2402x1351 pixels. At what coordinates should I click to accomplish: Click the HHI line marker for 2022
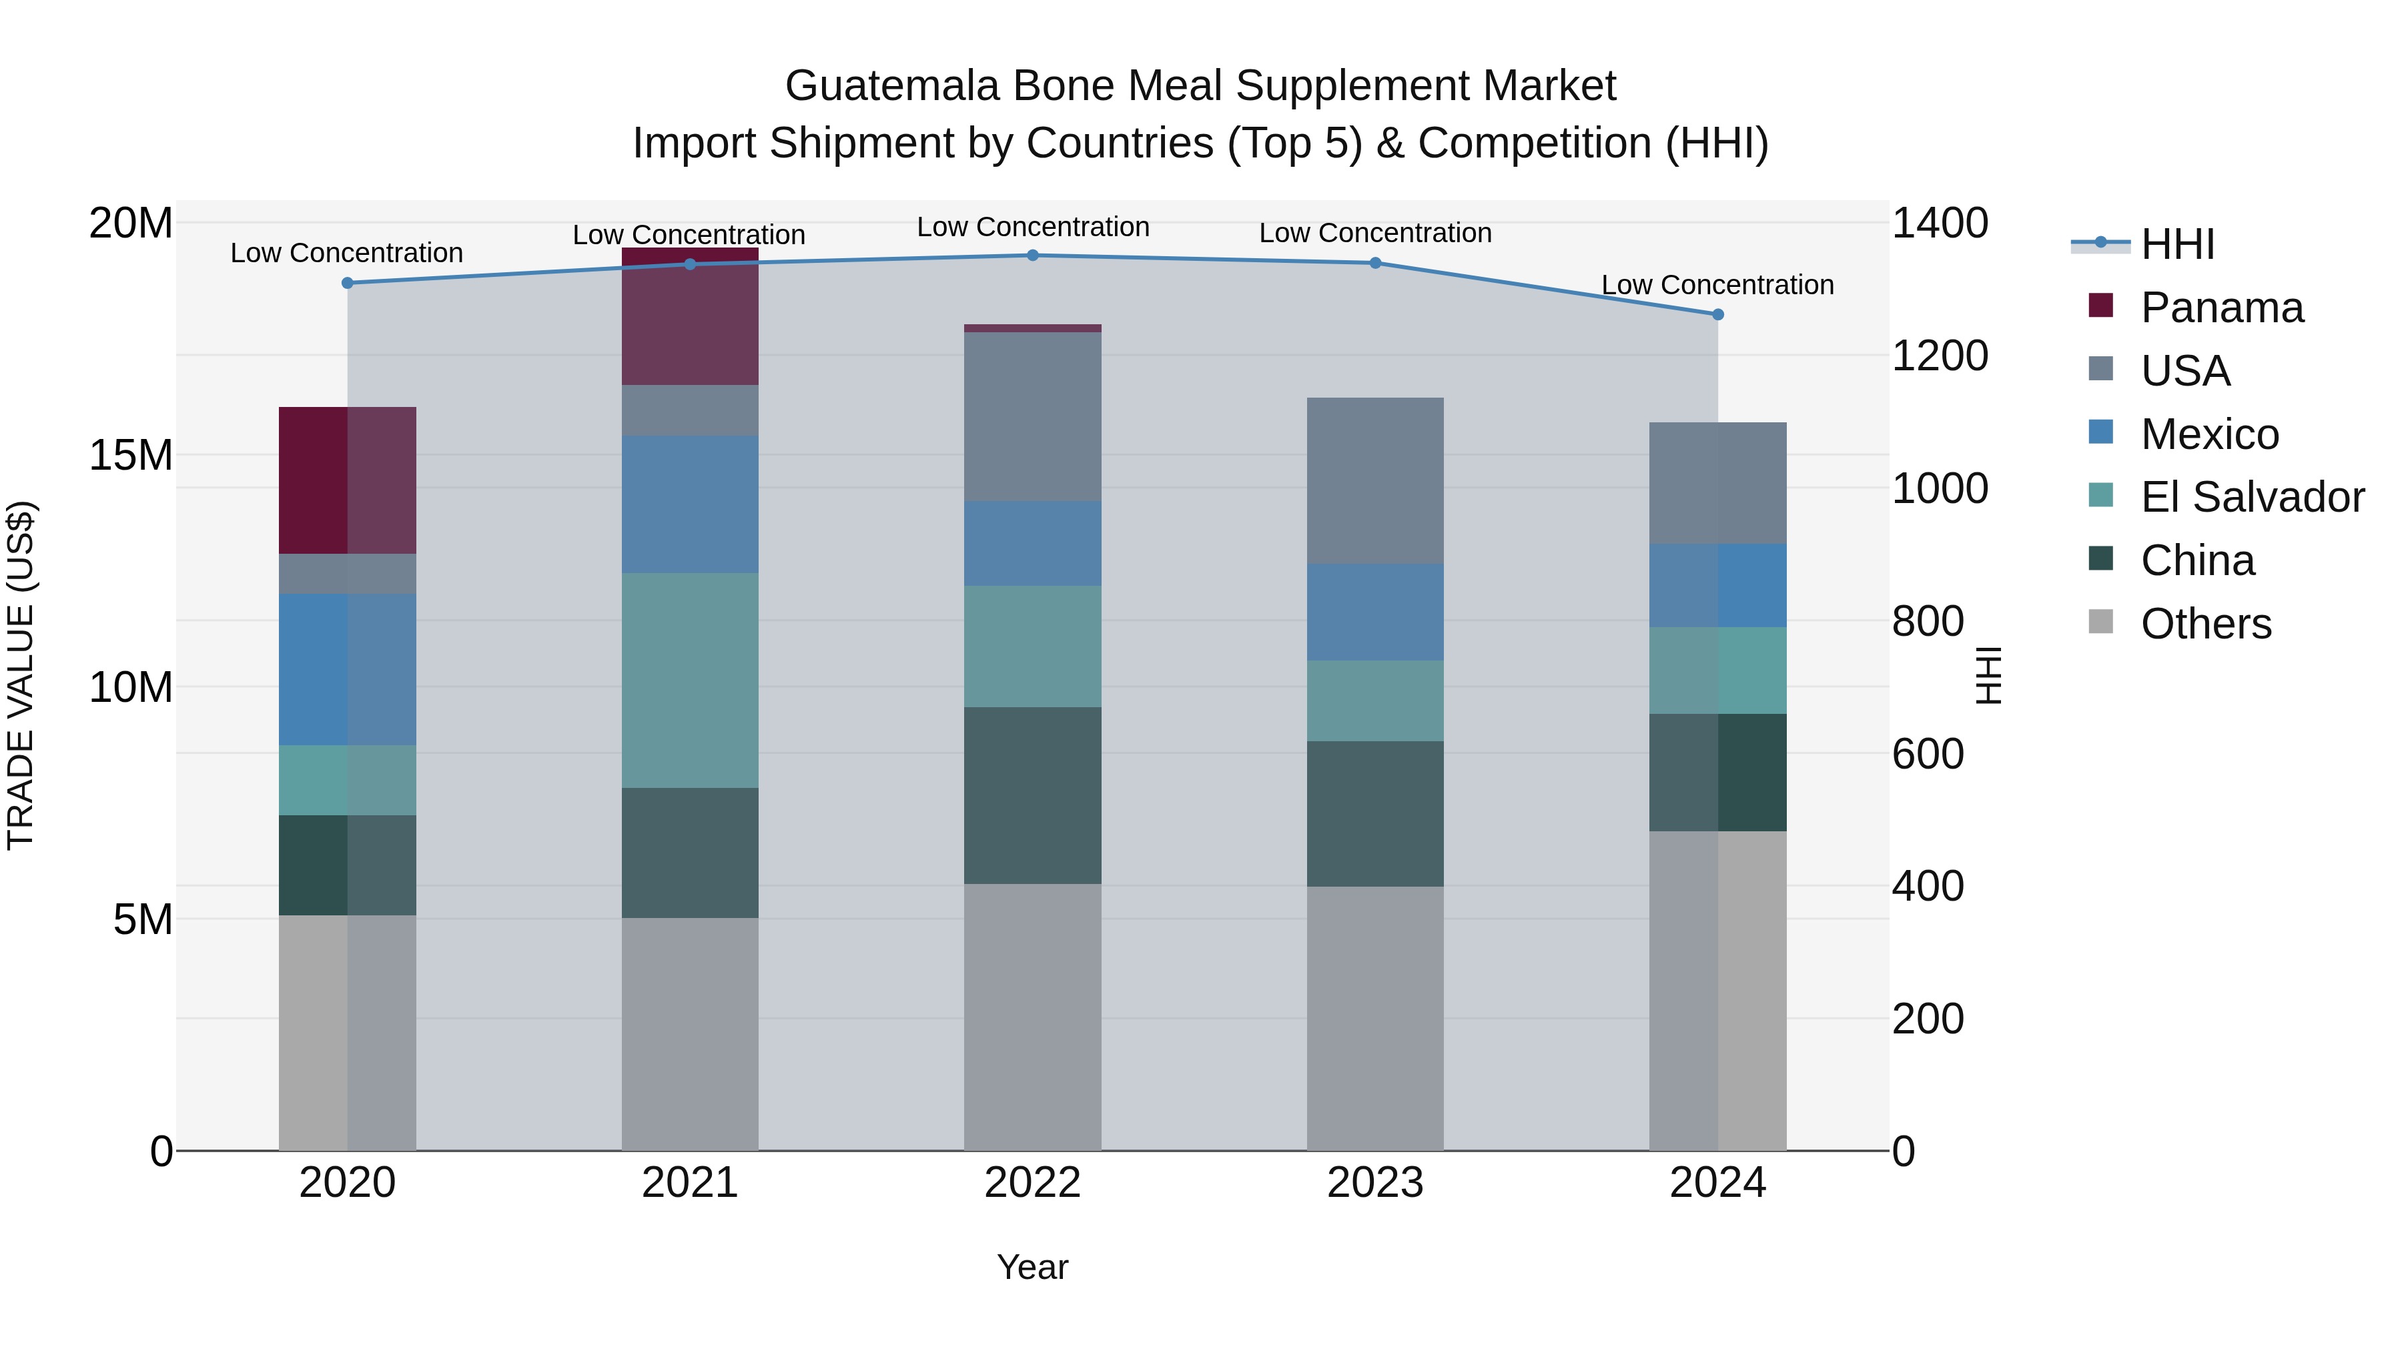pyautogui.click(x=1032, y=256)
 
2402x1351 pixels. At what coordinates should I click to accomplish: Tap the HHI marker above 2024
pyautogui.click(x=1717, y=315)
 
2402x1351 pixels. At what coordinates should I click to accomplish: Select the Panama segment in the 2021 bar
pyautogui.click(x=690, y=317)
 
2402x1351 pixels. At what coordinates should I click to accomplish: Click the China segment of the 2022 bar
pyautogui.click(x=1032, y=795)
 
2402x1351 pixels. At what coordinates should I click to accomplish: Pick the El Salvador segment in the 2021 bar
pyautogui.click(x=690, y=681)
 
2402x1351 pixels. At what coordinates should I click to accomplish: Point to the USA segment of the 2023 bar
pyautogui.click(x=1374, y=480)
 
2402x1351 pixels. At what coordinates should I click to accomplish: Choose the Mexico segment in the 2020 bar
pyautogui.click(x=347, y=669)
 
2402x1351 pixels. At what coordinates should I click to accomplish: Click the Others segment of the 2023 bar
pyautogui.click(x=1374, y=1018)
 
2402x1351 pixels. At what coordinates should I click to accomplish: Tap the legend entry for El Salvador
pyautogui.click(x=2251, y=497)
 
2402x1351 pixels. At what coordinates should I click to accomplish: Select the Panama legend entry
pyautogui.click(x=2221, y=308)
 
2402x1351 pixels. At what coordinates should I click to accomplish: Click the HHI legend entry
pyautogui.click(x=2176, y=244)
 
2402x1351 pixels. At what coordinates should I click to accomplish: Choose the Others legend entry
pyautogui.click(x=2205, y=624)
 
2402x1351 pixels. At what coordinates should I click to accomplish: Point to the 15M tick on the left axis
pyautogui.click(x=131, y=455)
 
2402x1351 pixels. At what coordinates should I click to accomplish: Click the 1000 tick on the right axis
pyautogui.click(x=1940, y=488)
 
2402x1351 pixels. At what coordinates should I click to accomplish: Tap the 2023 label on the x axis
pyautogui.click(x=1374, y=1183)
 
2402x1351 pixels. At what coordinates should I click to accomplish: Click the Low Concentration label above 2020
pyautogui.click(x=347, y=253)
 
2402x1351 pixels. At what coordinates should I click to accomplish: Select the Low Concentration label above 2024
pyautogui.click(x=1717, y=284)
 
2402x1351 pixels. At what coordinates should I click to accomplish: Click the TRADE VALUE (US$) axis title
pyautogui.click(x=21, y=675)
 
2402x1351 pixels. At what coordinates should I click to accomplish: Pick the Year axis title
pyautogui.click(x=1032, y=1267)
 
